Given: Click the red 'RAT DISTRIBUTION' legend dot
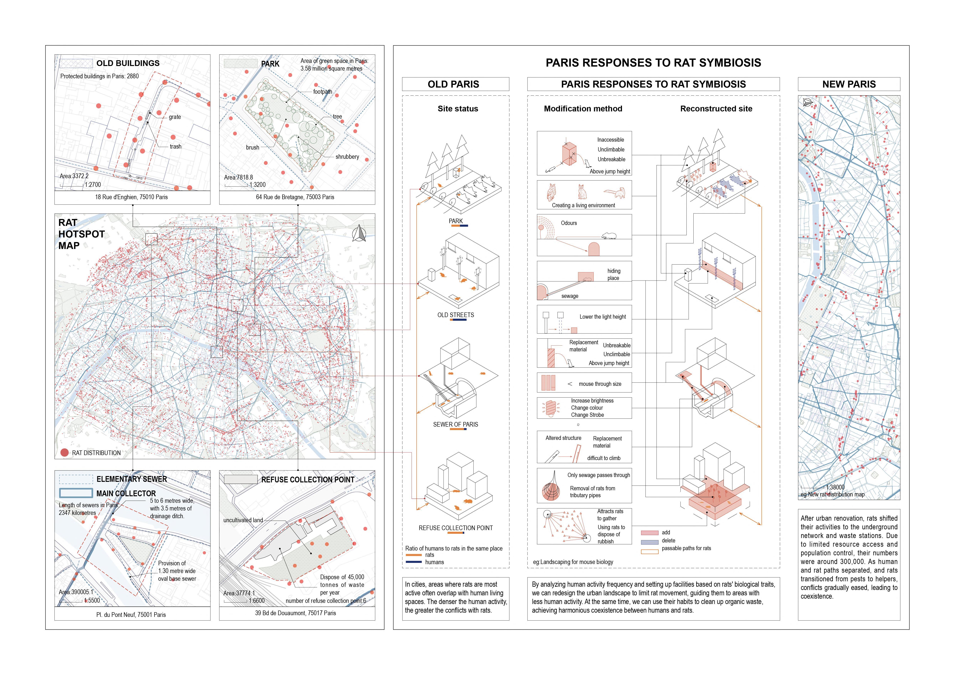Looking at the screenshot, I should click(x=64, y=453).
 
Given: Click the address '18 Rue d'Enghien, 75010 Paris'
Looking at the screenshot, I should click(x=131, y=197).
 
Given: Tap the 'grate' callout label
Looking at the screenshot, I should click(x=175, y=117).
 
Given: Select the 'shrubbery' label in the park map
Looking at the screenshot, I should click(x=347, y=157).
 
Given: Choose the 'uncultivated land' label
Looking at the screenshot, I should click(x=243, y=520).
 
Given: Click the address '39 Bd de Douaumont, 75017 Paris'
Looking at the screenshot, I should click(x=295, y=613).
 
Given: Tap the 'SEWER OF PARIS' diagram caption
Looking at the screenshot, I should click(x=455, y=424).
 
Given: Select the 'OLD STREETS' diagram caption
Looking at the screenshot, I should click(x=455, y=315).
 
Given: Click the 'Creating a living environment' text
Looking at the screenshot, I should click(x=583, y=205).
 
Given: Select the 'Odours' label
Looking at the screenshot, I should click(x=569, y=223).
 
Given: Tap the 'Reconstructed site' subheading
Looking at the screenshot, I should click(x=716, y=109).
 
